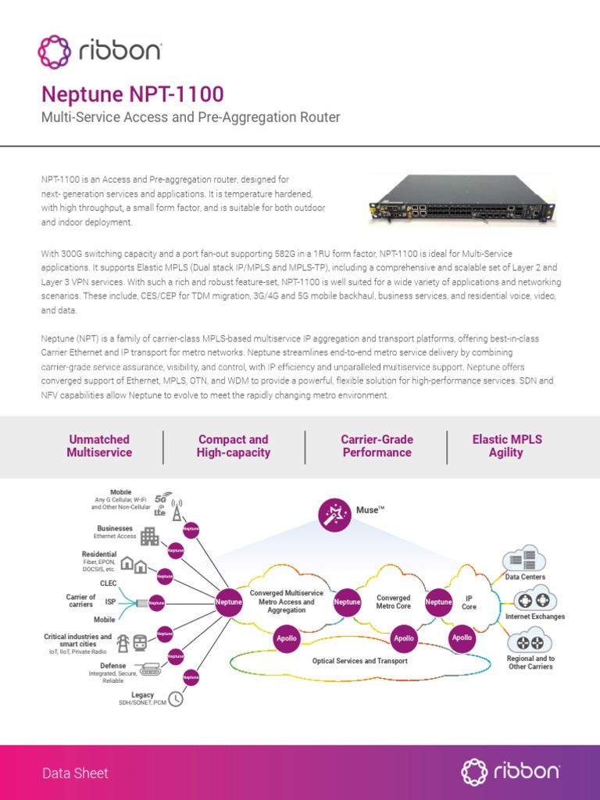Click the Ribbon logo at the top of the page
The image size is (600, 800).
click(x=100, y=52)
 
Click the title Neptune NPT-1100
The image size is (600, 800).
click(x=132, y=95)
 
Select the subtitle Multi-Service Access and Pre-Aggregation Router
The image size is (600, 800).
click(x=190, y=118)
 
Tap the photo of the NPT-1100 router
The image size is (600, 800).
click(x=462, y=200)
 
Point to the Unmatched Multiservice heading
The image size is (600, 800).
click(x=99, y=446)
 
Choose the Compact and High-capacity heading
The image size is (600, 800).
click(x=233, y=446)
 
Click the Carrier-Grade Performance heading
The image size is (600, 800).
click(x=377, y=446)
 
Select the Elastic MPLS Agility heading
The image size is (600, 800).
click(x=506, y=446)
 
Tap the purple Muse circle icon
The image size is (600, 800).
click(x=335, y=513)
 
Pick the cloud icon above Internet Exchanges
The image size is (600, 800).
click(x=535, y=601)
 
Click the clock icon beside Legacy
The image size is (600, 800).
click(x=176, y=698)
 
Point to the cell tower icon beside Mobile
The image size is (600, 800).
click(x=177, y=509)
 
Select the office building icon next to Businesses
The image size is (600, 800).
click(x=149, y=536)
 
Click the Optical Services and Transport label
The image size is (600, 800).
click(x=359, y=661)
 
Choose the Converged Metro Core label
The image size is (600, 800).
click(x=393, y=602)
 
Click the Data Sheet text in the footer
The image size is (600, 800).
click(x=75, y=773)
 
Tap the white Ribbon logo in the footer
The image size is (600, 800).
click(x=509, y=772)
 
